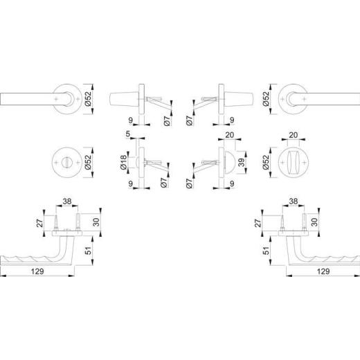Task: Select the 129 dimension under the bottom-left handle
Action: (38, 271)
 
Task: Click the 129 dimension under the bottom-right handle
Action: (321, 271)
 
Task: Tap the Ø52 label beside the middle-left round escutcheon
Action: (88, 162)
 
